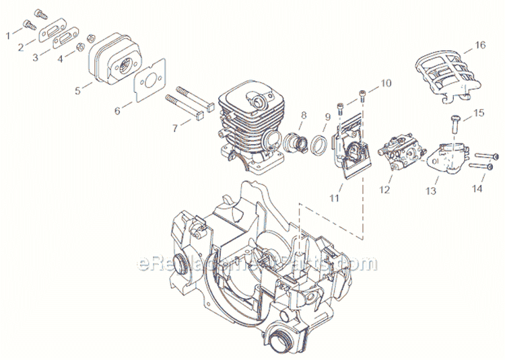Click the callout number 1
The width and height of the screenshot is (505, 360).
pyautogui.click(x=9, y=32)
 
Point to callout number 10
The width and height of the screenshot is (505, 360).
pyautogui.click(x=386, y=83)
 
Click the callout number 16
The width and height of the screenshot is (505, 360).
pyautogui.click(x=479, y=46)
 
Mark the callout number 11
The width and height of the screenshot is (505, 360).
pyautogui.click(x=334, y=198)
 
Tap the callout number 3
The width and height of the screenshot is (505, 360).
pyautogui.click(x=37, y=58)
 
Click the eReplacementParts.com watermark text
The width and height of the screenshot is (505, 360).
pyautogui.click(x=256, y=264)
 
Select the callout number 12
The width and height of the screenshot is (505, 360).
pyautogui.click(x=384, y=190)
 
